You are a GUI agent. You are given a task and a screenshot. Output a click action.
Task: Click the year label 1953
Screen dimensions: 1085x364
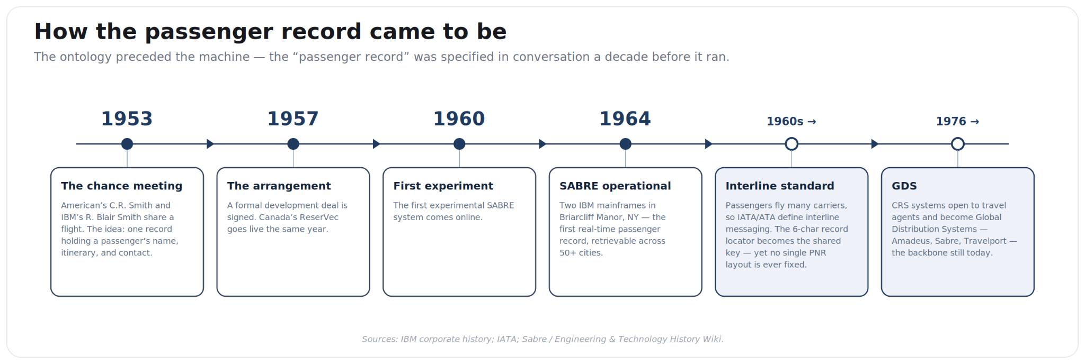(127, 119)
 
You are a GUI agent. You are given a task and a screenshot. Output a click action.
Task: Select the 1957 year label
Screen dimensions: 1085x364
(293, 119)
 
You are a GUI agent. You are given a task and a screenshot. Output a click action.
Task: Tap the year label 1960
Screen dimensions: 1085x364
(459, 119)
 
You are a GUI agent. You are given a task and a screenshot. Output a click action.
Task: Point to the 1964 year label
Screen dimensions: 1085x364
(625, 119)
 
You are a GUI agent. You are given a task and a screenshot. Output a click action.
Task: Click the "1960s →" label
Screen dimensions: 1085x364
(791, 122)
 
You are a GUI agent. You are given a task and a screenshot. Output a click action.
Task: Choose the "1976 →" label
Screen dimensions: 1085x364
(957, 122)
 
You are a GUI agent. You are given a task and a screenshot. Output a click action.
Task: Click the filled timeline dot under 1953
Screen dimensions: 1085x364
(127, 144)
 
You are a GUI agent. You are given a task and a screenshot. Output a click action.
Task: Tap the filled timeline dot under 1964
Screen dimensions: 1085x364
(626, 144)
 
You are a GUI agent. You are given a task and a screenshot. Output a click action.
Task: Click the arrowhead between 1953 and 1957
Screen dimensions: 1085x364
(210, 144)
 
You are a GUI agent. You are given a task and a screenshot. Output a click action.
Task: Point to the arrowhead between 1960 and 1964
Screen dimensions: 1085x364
(542, 144)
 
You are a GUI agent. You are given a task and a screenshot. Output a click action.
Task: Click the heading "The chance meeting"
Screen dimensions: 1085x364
(121, 186)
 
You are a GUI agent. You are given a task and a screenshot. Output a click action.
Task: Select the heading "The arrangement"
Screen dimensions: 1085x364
(279, 186)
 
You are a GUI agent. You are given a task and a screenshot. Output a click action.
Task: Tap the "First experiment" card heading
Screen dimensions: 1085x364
(443, 186)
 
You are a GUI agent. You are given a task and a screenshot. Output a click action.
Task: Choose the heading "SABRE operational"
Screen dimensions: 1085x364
(615, 186)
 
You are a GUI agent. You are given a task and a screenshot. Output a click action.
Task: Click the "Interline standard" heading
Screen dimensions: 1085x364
(780, 186)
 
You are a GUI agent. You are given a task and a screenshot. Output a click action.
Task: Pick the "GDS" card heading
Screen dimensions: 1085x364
(904, 186)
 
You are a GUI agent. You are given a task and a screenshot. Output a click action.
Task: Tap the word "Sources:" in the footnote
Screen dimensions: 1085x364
(380, 339)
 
